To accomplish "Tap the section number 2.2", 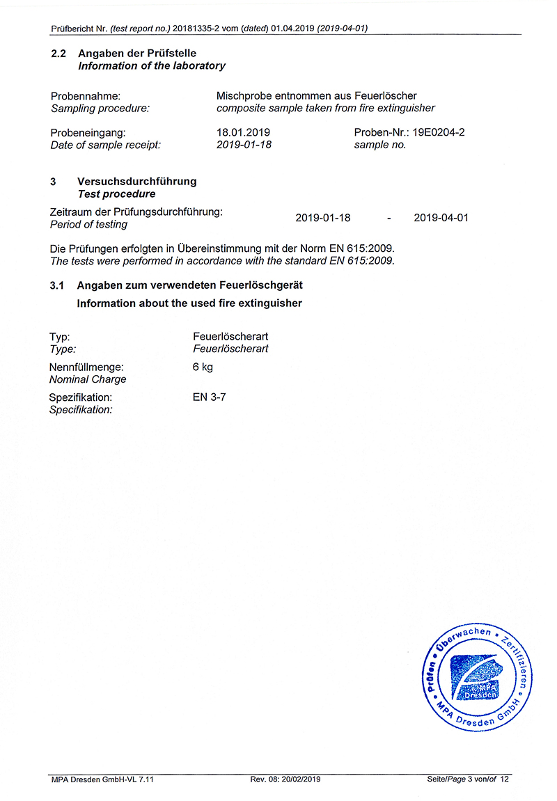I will click(x=58, y=54).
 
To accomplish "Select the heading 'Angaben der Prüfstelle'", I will click(x=137, y=54).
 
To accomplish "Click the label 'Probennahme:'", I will click(x=86, y=96).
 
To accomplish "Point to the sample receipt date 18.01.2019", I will click(x=244, y=132).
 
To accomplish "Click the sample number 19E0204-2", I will click(x=439, y=132).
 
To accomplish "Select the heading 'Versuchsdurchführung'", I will click(x=137, y=182).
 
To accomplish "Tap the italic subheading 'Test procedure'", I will click(x=117, y=194).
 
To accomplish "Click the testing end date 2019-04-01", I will click(x=441, y=218).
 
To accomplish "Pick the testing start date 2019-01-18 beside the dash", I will click(x=323, y=218).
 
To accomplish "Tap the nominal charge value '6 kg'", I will click(x=203, y=367).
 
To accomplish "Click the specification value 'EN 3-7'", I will click(x=210, y=397).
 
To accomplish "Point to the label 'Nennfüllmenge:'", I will click(x=86, y=367).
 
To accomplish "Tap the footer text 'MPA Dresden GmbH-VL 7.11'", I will click(x=102, y=779).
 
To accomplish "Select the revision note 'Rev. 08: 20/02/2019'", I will click(x=285, y=779).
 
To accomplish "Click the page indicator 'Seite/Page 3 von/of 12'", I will click(x=468, y=779).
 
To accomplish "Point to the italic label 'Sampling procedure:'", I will click(x=100, y=108).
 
